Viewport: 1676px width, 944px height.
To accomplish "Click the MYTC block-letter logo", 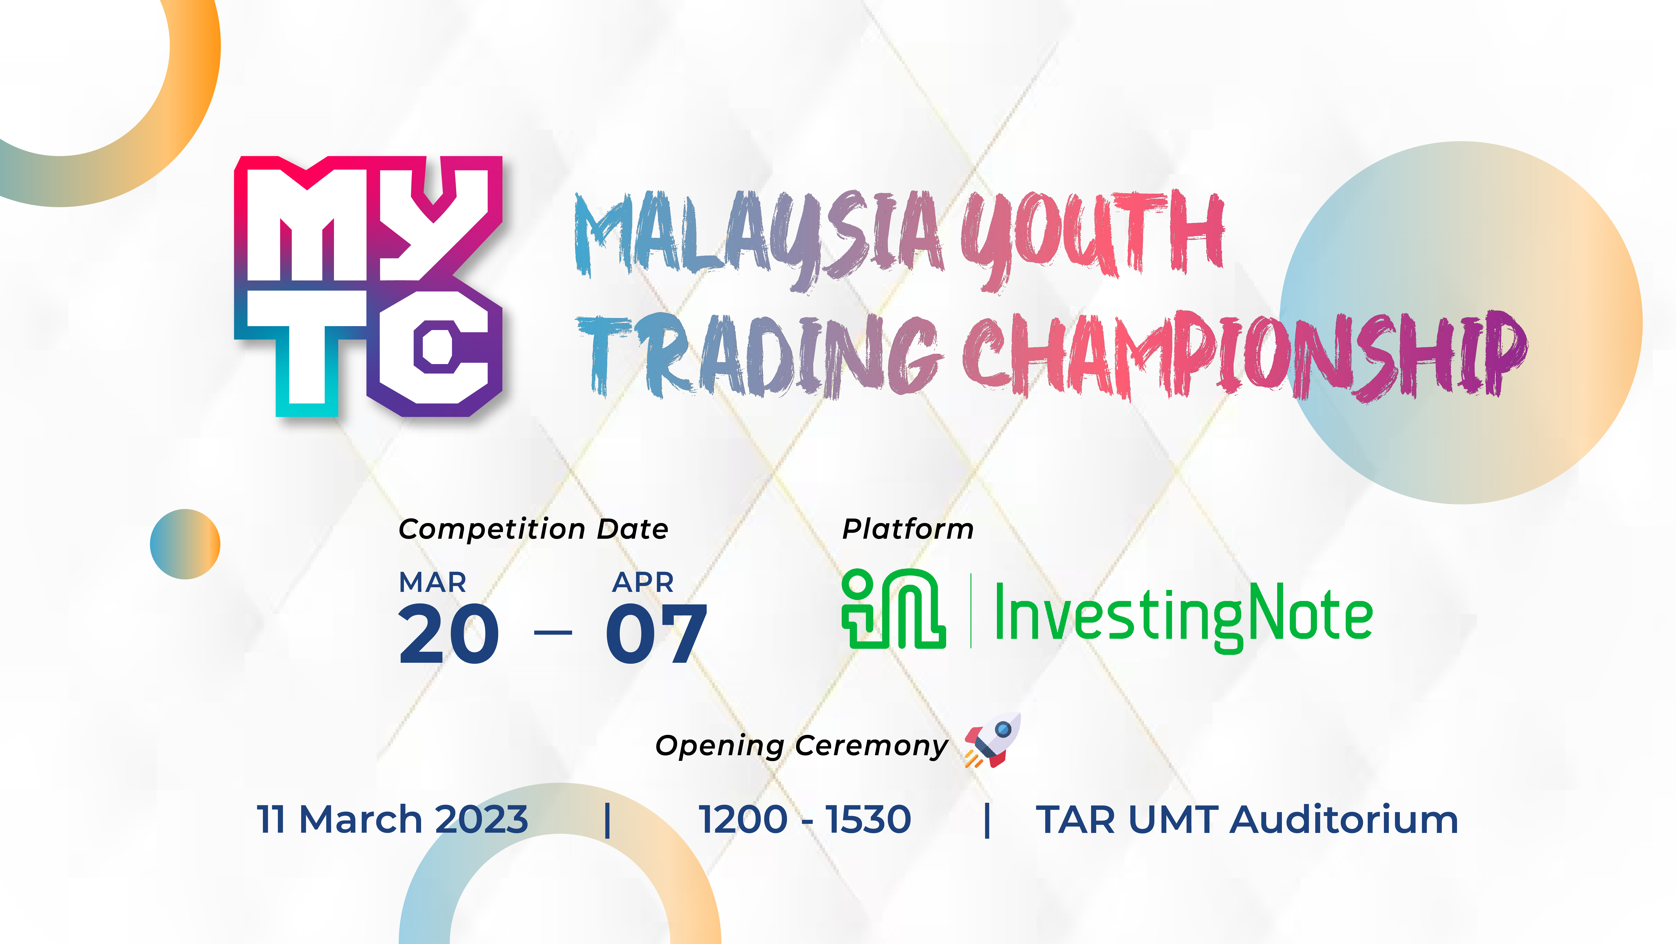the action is (x=368, y=286).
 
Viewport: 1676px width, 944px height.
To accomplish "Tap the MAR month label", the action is (x=433, y=582).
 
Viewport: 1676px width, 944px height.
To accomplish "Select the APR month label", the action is (x=643, y=582).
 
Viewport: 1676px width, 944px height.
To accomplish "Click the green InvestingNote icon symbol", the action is (x=893, y=608).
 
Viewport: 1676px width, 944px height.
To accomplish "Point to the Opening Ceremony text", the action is (x=801, y=746).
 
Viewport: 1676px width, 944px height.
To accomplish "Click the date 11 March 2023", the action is (x=392, y=819).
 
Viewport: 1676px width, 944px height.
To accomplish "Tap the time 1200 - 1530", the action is (x=805, y=819).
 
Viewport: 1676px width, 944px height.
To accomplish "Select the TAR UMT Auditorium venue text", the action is (x=1247, y=819).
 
